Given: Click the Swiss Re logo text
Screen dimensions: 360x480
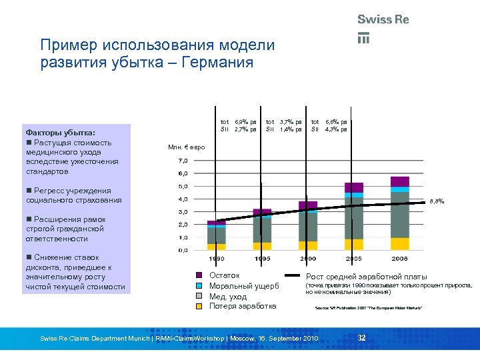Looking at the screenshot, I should pos(383,20).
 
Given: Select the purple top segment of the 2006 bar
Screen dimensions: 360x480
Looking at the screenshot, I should pos(400,181).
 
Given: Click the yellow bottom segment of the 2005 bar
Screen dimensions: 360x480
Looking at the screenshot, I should pos(354,244).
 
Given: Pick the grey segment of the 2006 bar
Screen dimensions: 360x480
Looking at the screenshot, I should pos(400,215).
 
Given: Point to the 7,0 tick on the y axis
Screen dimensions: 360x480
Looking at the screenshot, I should pos(183,161).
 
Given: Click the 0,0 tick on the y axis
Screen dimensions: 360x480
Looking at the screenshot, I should pos(183,250).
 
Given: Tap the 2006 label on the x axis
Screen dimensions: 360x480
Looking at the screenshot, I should pos(400,259).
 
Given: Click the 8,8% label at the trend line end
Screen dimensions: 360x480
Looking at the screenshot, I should pos(436,200).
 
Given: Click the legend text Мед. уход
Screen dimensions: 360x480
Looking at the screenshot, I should pos(228,297).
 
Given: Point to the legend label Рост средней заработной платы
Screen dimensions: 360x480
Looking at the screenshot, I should pos(362,276).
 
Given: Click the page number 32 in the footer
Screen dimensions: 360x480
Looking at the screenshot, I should pos(362,339).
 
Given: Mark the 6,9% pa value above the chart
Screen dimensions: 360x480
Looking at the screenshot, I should pos(245,122).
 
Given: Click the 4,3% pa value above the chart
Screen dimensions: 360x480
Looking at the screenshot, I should pos(335,129).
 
